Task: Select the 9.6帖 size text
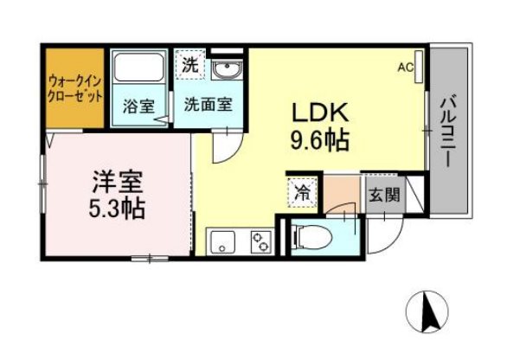318,140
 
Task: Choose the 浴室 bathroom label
138,107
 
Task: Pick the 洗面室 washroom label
208,107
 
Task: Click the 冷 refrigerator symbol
304,192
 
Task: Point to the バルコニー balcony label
448,130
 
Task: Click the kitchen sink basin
222,241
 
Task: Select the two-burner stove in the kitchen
260,241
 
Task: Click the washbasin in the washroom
230,68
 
